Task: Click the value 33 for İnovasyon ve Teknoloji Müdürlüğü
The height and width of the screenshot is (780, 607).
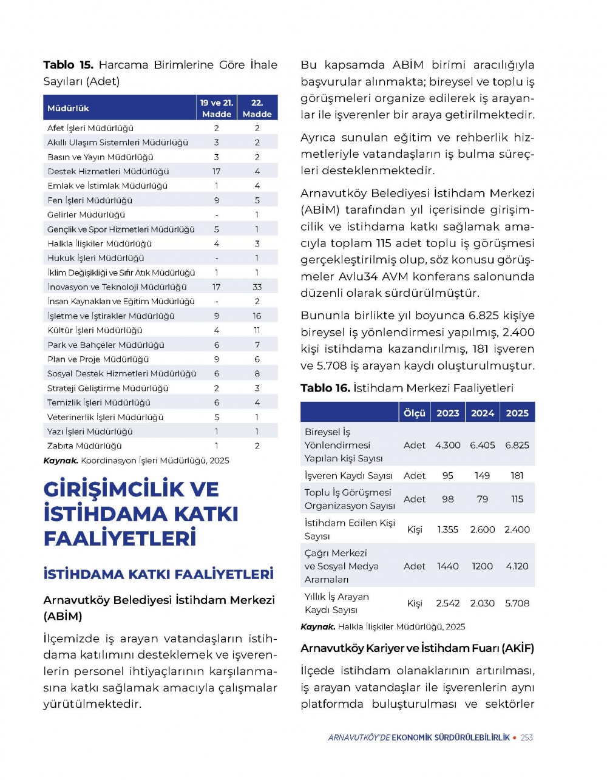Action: [x=257, y=287]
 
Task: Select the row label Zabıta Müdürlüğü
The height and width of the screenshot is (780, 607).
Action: [x=84, y=446]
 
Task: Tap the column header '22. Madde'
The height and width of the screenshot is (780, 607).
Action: [x=257, y=108]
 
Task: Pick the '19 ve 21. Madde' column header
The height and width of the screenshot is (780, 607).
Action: [x=217, y=108]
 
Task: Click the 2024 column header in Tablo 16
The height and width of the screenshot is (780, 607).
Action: [x=483, y=413]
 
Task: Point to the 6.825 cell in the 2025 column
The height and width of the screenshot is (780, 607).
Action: [x=517, y=446]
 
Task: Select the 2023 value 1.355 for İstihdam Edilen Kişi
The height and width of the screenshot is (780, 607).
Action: [x=448, y=530]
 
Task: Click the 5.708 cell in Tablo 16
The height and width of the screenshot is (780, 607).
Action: [x=517, y=603]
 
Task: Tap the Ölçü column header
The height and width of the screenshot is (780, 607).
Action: [x=415, y=413]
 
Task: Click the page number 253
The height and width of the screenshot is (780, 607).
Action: [x=527, y=738]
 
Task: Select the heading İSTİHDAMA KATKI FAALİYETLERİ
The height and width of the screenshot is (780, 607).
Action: [x=158, y=574]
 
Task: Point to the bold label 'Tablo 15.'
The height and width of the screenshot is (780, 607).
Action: [x=68, y=65]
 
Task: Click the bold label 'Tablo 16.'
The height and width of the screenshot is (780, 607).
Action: [x=325, y=388]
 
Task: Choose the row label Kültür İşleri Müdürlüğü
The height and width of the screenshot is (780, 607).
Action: [x=95, y=331]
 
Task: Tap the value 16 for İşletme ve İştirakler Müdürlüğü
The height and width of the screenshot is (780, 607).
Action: [x=257, y=316]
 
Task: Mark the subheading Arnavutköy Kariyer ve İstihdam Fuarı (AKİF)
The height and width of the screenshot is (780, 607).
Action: [x=417, y=648]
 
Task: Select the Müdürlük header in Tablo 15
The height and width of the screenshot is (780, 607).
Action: [x=68, y=108]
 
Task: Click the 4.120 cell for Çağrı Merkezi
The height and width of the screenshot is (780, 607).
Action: [x=517, y=566]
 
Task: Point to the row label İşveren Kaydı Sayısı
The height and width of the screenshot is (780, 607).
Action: [x=348, y=476]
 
